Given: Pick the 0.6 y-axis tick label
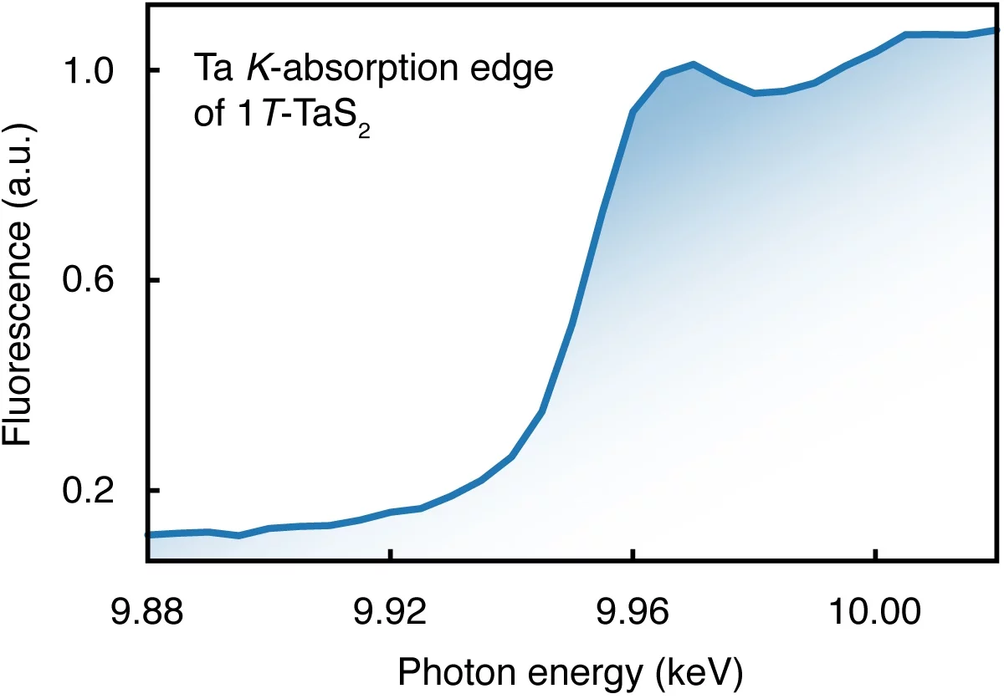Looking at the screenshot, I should [x=94, y=280].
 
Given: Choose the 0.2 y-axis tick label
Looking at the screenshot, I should [x=94, y=490].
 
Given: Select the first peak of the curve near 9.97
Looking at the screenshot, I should [x=693, y=64].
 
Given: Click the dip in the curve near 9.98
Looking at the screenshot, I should [x=755, y=93].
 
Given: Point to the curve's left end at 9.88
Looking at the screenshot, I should [x=149, y=533].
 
